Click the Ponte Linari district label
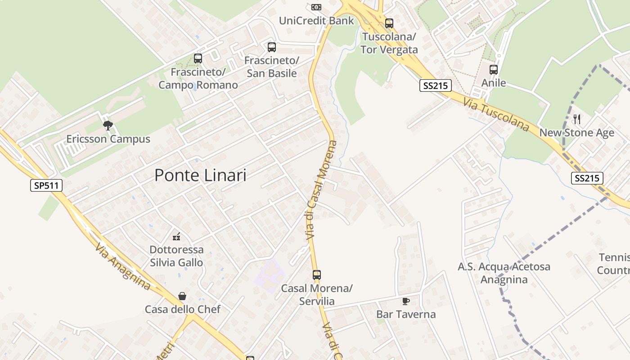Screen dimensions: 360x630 (x=200, y=175)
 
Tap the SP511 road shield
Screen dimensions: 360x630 (x=46, y=185)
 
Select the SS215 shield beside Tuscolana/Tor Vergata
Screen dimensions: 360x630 (x=435, y=85)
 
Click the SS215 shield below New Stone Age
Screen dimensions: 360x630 (x=587, y=178)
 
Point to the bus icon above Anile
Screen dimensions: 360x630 (x=494, y=70)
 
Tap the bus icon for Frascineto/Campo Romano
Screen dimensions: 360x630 (x=198, y=58)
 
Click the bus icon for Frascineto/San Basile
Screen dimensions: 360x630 (x=272, y=47)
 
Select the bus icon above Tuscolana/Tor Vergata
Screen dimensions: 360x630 (x=389, y=23)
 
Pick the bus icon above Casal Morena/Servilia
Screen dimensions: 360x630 (x=317, y=274)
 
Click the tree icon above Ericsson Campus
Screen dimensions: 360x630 (x=108, y=126)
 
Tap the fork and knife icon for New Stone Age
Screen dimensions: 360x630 (x=577, y=119)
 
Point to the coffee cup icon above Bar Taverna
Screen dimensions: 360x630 (x=405, y=301)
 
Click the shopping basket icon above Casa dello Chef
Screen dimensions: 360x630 (x=182, y=296)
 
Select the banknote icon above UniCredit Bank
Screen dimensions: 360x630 (x=316, y=7)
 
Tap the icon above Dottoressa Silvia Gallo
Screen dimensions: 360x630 (x=176, y=236)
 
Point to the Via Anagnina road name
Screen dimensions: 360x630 (x=123, y=266)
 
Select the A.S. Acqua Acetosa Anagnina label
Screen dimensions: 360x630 (x=504, y=273)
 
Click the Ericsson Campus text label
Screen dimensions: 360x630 (x=108, y=139)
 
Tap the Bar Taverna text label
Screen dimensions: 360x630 (x=406, y=314)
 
